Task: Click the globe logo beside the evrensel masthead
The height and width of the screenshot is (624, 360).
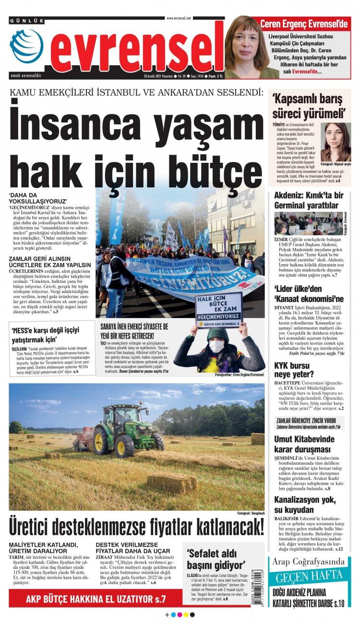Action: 26,46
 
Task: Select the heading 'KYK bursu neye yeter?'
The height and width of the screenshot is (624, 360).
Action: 294,369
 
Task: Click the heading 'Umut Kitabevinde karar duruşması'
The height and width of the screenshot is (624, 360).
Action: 304,444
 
